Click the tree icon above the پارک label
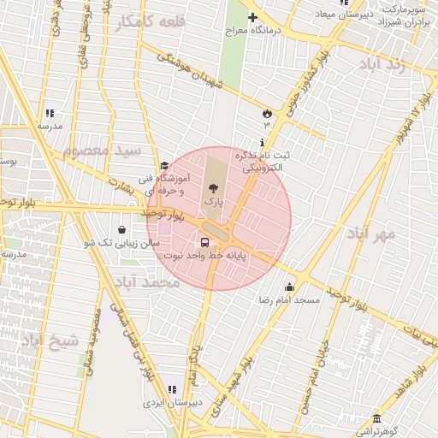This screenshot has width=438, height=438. (212, 187)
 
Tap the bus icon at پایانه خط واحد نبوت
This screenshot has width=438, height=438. (204, 242)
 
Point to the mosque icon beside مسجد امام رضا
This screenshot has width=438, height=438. (289, 287)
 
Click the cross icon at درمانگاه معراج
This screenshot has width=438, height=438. (252, 17)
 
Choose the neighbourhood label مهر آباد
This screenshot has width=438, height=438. (372, 233)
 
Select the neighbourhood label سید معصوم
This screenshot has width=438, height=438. (100, 151)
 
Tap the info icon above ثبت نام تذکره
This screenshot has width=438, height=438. (262, 142)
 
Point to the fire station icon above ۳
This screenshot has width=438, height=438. (267, 113)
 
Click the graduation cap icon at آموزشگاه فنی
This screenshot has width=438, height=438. (163, 166)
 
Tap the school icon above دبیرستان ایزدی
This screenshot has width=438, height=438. (172, 389)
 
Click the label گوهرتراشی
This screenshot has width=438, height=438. (376, 430)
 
